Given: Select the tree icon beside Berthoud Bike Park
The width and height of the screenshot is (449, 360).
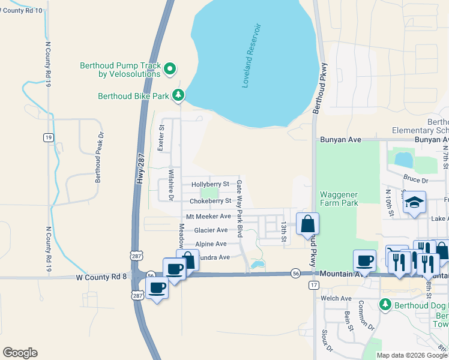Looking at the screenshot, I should (178, 95).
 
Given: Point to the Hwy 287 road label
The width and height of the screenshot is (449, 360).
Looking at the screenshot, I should (140, 172).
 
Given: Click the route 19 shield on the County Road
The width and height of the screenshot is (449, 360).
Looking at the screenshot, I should (47, 137).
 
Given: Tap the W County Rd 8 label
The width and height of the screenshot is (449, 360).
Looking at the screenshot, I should (101, 277).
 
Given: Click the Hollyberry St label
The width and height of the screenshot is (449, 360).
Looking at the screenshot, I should (209, 184).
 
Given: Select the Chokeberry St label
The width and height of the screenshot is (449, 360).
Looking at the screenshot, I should (210, 201).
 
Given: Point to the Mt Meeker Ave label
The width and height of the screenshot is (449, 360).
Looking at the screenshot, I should (208, 216).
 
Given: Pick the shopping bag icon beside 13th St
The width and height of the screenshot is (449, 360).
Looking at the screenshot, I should (307, 224).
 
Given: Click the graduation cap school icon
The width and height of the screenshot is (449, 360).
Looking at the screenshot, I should (414, 202).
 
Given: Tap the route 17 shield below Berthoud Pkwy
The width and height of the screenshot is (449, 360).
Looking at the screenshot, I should (313, 285).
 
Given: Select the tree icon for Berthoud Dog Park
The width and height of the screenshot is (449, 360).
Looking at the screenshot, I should (385, 304).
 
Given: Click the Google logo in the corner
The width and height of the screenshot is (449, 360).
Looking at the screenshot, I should (20, 353).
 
